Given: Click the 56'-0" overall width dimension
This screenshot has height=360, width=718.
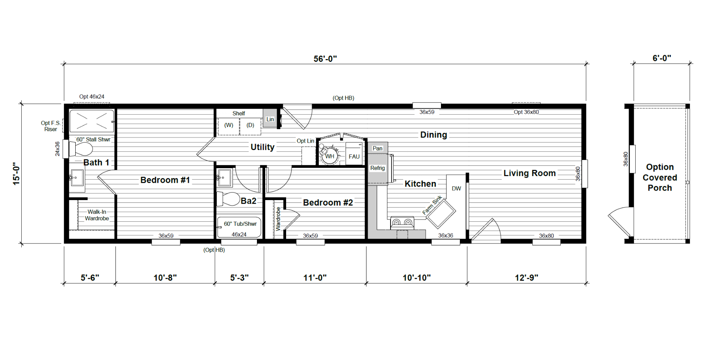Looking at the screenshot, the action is [x=325, y=59].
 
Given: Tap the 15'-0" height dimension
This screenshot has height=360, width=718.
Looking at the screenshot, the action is [x=16, y=174].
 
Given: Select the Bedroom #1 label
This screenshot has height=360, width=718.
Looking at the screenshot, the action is [x=165, y=180].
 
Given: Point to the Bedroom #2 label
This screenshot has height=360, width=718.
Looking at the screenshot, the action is [x=328, y=202].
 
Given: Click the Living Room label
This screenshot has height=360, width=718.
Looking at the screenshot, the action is [x=530, y=173].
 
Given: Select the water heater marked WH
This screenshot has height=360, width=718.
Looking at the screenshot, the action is [x=329, y=155].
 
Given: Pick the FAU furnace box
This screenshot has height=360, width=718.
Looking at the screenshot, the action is [x=354, y=154].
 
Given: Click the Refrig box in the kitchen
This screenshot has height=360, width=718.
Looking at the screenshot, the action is [x=378, y=168].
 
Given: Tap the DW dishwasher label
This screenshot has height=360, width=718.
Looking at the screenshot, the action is [x=456, y=189].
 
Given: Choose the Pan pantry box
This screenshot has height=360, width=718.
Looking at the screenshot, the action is [x=378, y=148].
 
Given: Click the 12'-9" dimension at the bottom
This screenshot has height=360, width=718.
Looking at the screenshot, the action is [x=526, y=278].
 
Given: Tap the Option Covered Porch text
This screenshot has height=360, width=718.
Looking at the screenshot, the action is [x=660, y=177].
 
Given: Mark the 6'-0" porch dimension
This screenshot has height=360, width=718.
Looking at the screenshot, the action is [x=662, y=58].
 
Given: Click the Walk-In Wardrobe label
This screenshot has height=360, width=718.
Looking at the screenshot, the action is [x=97, y=215].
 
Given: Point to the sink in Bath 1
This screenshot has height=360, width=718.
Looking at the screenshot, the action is [x=77, y=178].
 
